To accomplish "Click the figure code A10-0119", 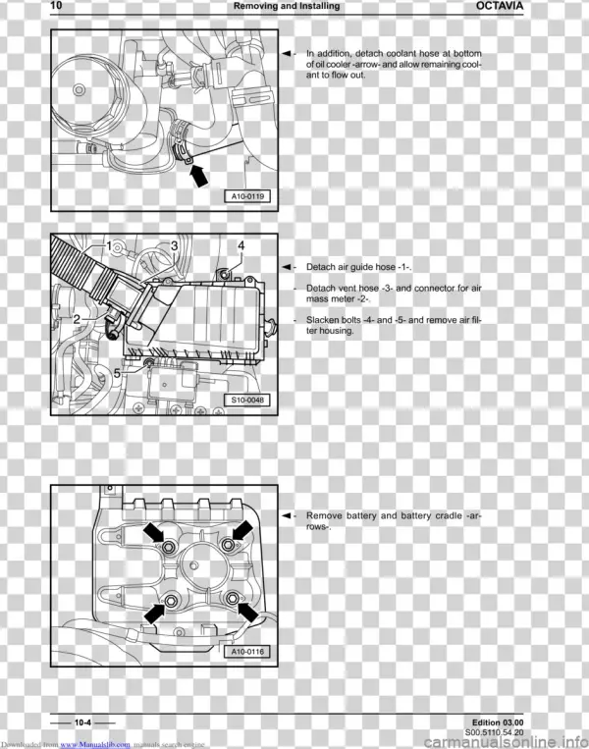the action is [247, 196].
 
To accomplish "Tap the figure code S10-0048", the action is [247, 400].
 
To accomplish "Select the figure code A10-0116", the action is [247, 651].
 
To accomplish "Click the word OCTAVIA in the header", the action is [500, 6].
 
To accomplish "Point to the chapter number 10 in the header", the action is [56, 5].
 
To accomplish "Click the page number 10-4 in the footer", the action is [82, 722].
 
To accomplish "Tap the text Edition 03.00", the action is [498, 722].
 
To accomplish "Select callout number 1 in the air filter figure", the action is [109, 246].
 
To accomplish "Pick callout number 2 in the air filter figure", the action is [77, 320].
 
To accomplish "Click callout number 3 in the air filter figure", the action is [175, 245].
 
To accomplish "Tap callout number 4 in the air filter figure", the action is [241, 245].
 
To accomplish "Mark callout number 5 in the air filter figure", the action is [117, 373].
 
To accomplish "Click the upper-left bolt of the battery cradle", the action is [169, 548].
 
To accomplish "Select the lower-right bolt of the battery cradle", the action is [233, 599].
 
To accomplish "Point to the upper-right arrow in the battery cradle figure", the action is [242, 530].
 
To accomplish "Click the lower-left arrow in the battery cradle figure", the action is [154, 614].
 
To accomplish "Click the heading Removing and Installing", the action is [287, 6].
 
